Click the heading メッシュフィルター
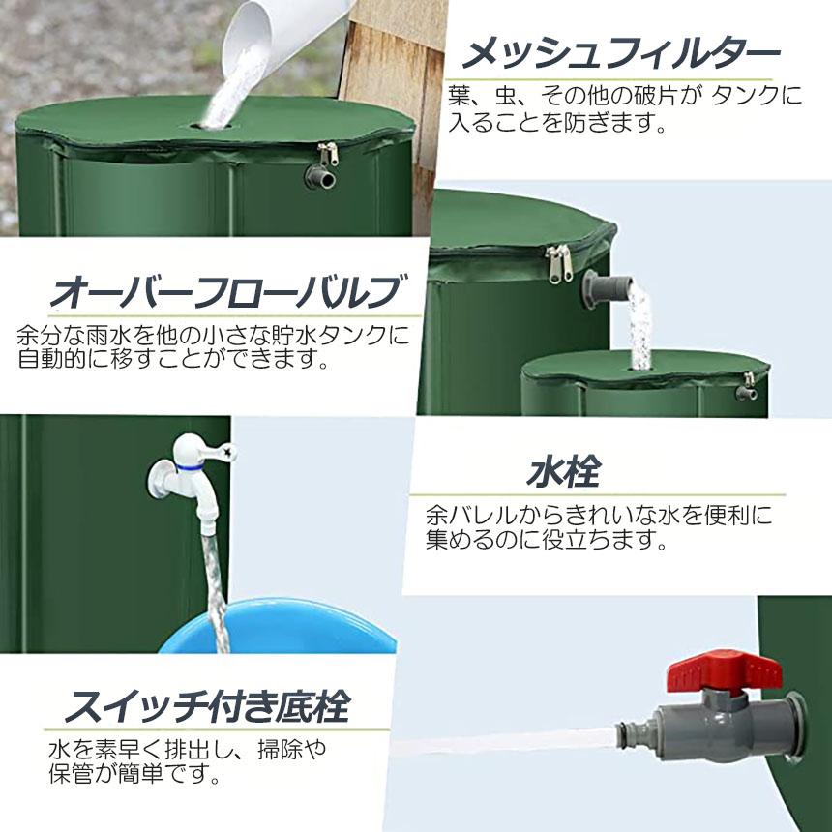(619, 53)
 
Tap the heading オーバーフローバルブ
(225, 290)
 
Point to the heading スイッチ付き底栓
(205, 707)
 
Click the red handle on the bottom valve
(726, 670)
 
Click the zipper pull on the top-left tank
(329, 154)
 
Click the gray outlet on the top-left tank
(319, 177)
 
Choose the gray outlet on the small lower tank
(746, 393)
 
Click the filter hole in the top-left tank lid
(215, 124)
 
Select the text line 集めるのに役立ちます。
(548, 539)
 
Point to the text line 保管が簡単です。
(131, 774)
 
